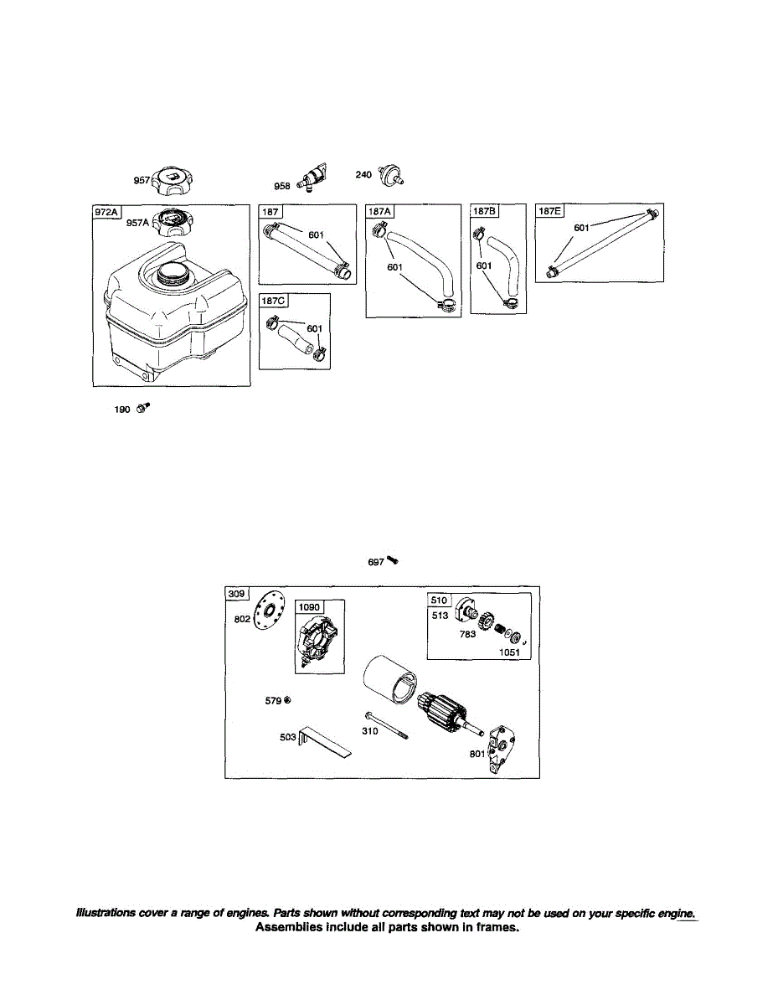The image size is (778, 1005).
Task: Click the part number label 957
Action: [142, 179]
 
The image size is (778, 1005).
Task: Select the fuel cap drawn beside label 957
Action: [172, 178]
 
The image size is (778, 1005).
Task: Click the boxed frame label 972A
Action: [106, 213]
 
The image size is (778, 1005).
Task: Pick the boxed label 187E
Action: [550, 211]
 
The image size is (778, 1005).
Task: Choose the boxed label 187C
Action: [274, 301]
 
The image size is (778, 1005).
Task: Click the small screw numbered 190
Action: [143, 409]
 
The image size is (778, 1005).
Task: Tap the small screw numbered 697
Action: [391, 561]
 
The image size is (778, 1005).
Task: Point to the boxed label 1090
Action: [310, 606]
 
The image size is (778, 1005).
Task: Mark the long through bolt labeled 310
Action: [385, 725]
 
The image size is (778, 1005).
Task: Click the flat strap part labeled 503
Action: [325, 740]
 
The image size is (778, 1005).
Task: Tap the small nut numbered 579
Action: [287, 699]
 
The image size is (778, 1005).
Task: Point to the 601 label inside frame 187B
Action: [484, 265]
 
